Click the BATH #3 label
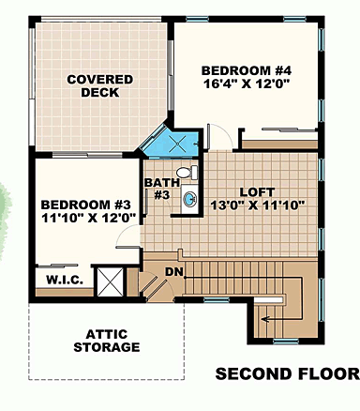(157, 188)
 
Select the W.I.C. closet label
(58, 279)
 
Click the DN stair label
(174, 271)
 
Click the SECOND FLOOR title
(287, 373)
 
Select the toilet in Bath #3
(188, 174)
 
